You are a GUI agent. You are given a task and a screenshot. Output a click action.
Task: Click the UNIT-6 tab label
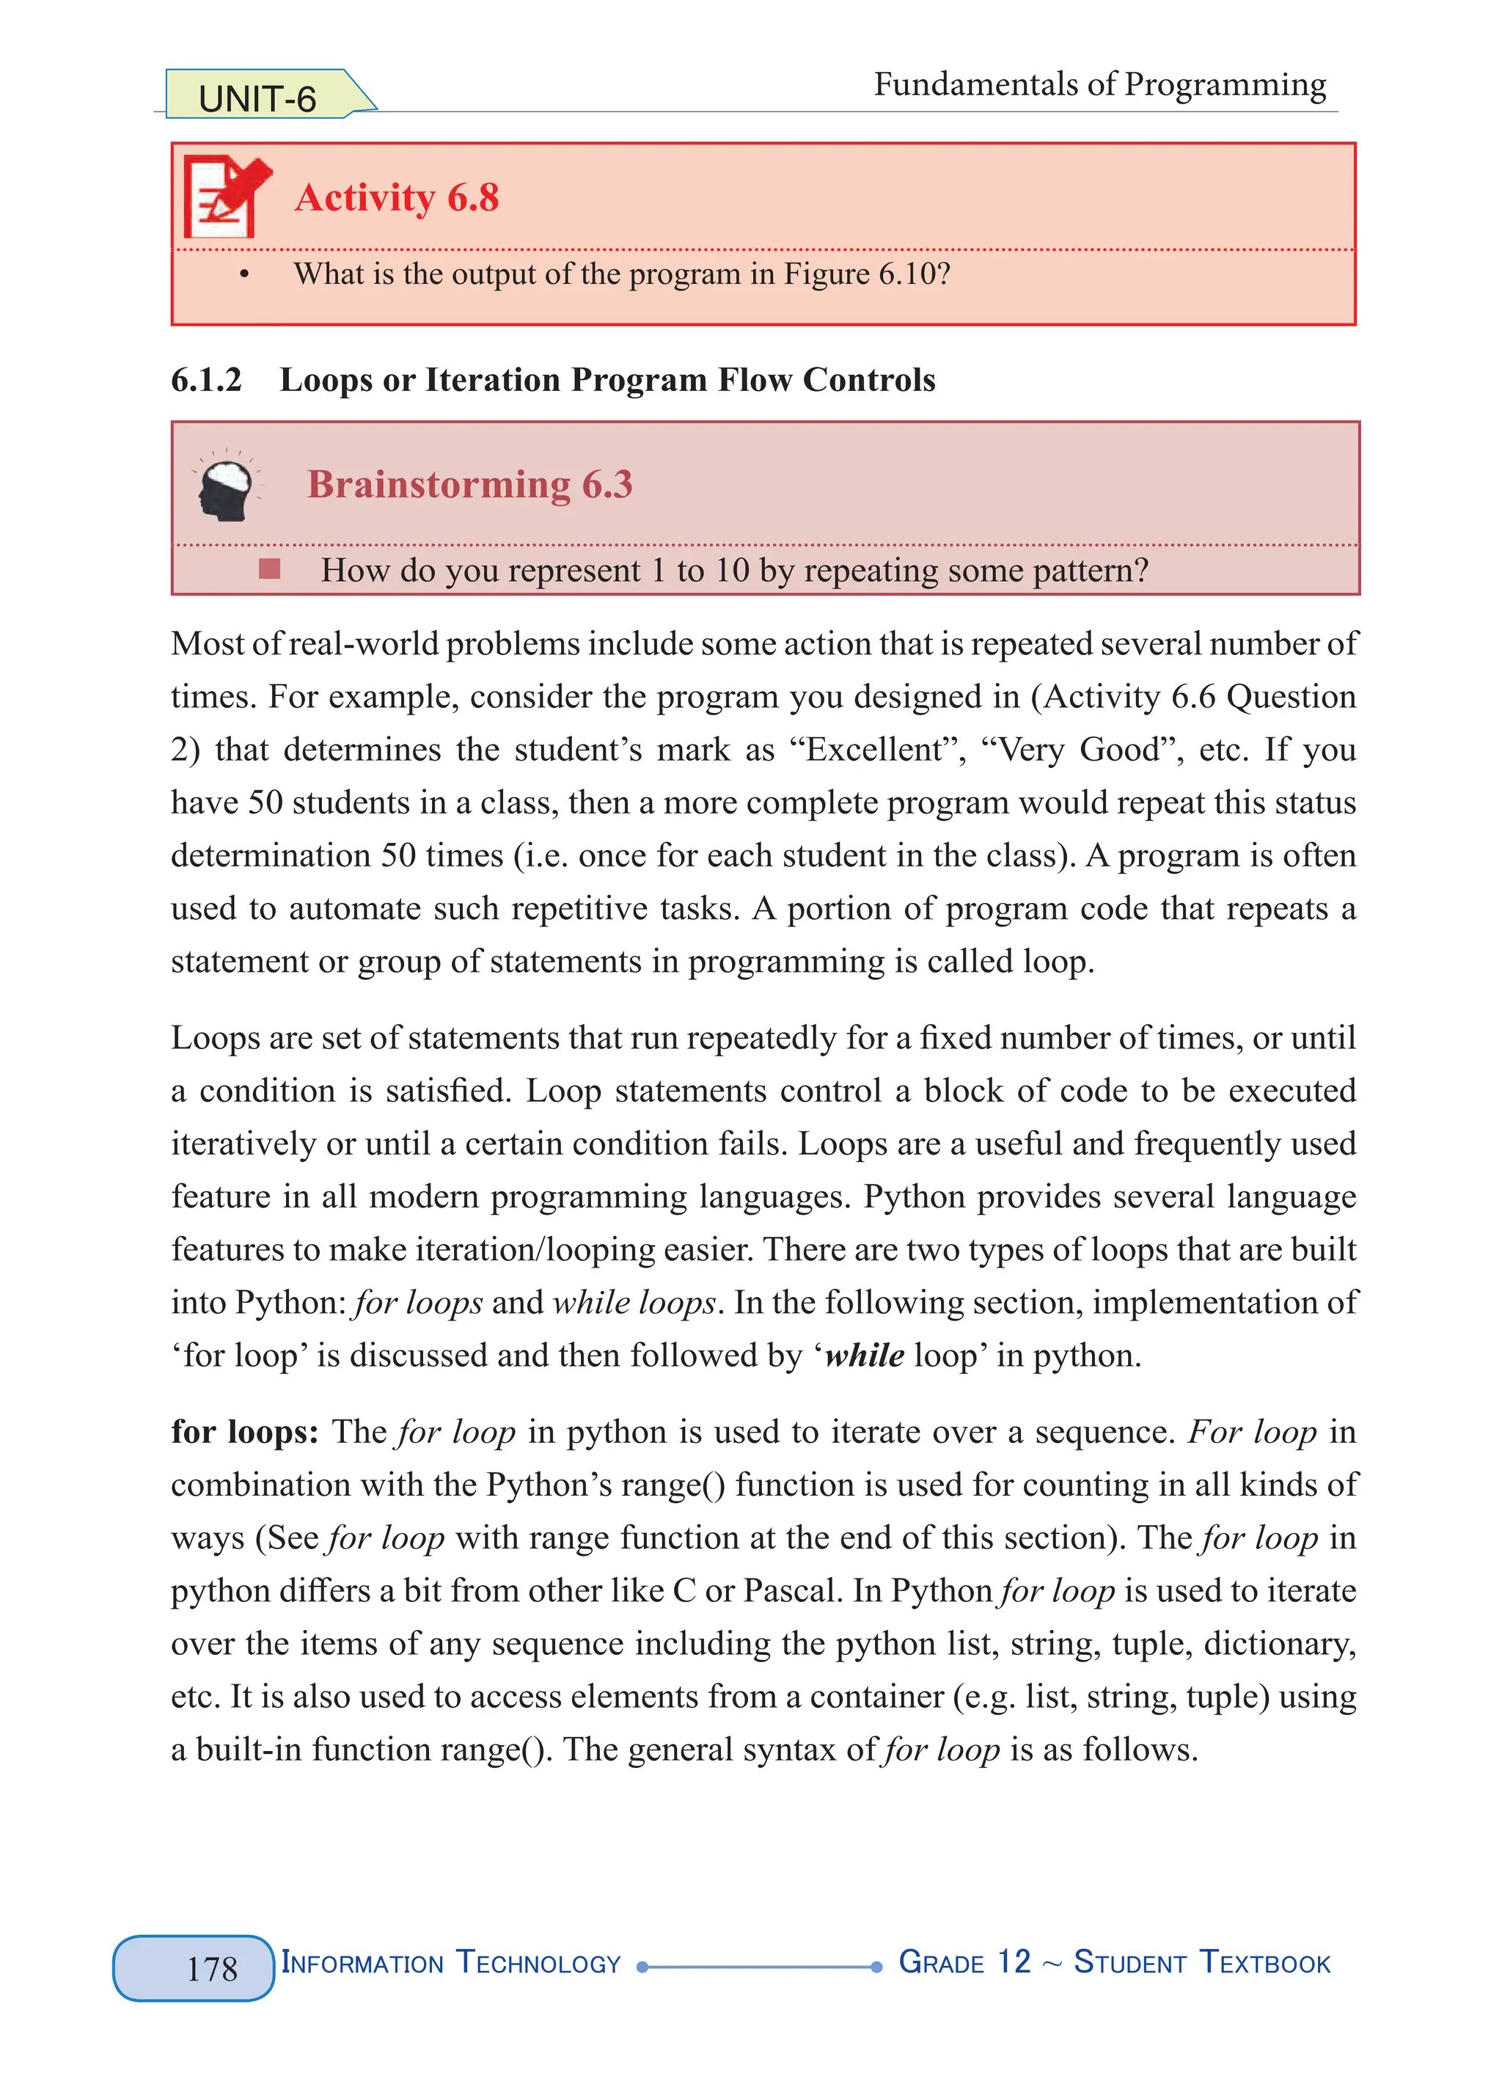coord(257,98)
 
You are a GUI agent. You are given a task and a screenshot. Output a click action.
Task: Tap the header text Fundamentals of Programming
coord(1099,84)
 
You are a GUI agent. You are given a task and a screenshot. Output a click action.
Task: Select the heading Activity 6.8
coord(396,197)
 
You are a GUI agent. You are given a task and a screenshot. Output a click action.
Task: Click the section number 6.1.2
coord(206,379)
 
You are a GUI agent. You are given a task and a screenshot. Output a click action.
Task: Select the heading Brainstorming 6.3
coord(469,484)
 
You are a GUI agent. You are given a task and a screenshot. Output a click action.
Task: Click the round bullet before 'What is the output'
coord(243,275)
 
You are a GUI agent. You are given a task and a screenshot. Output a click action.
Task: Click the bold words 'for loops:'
coord(244,1432)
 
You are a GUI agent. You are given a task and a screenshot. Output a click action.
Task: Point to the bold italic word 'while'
coord(863,1356)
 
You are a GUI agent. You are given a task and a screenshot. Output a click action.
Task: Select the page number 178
coord(212,1968)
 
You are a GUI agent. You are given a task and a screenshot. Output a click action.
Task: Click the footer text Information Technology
coord(450,1963)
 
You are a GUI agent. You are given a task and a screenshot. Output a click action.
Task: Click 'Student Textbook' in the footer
coord(1201,1963)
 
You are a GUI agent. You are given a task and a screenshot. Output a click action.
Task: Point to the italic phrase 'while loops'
coord(634,1302)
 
